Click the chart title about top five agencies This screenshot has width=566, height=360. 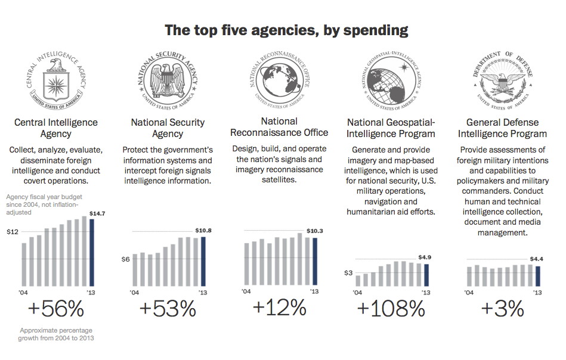pyautogui.click(x=286, y=30)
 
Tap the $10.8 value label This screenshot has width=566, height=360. pyautogui.click(x=204, y=230)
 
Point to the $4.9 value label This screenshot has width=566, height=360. pyautogui.click(x=424, y=257)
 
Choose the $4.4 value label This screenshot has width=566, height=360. pyautogui.click(x=537, y=259)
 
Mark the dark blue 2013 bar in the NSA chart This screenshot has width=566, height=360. pyautogui.click(x=203, y=262)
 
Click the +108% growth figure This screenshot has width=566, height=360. pyautogui.click(x=391, y=309)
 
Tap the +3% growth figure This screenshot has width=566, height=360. pyautogui.click(x=502, y=309)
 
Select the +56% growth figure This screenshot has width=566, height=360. pyautogui.click(x=56, y=309)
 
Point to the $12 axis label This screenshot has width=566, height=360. pyautogui.click(x=13, y=232)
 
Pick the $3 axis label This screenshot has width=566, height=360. pyautogui.click(x=348, y=272)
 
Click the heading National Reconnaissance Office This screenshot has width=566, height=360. pyautogui.click(x=279, y=127)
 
